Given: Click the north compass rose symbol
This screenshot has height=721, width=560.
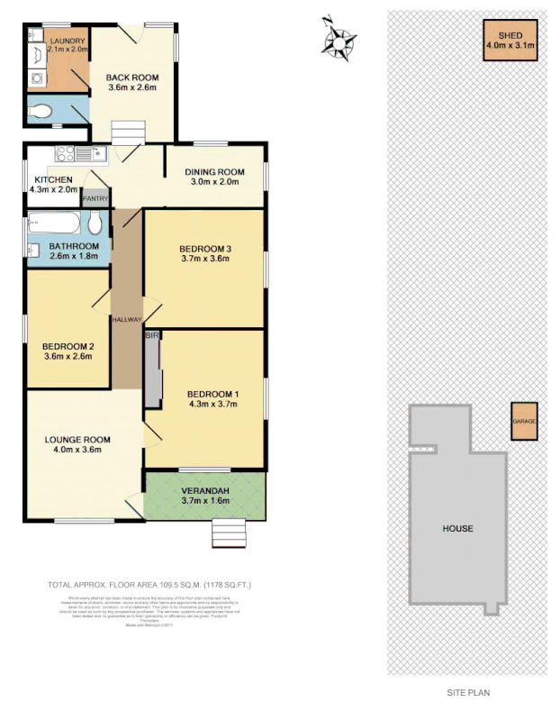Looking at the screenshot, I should (339, 39).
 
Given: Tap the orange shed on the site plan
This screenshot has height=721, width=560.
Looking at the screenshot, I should (510, 40).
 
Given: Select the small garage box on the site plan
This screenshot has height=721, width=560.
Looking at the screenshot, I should (524, 421).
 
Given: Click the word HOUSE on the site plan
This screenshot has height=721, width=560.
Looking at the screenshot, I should (457, 528).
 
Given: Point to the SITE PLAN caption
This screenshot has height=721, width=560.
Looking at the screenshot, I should (469, 693).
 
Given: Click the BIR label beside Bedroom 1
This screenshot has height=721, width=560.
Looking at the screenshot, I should (150, 335).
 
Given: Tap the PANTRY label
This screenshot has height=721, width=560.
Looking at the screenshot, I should (95, 198).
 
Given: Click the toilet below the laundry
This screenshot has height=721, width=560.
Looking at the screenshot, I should (41, 113).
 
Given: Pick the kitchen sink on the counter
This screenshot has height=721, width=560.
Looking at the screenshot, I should (89, 152).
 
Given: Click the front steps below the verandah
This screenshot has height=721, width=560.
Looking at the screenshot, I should (228, 534).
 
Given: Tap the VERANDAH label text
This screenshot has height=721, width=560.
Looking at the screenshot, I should (205, 490).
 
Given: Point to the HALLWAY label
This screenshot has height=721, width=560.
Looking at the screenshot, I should (128, 320).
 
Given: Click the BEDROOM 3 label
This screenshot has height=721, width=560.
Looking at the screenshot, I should (204, 249).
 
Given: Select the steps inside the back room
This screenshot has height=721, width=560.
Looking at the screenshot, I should (127, 134).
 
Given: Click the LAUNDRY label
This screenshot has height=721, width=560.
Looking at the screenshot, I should (68, 41).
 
